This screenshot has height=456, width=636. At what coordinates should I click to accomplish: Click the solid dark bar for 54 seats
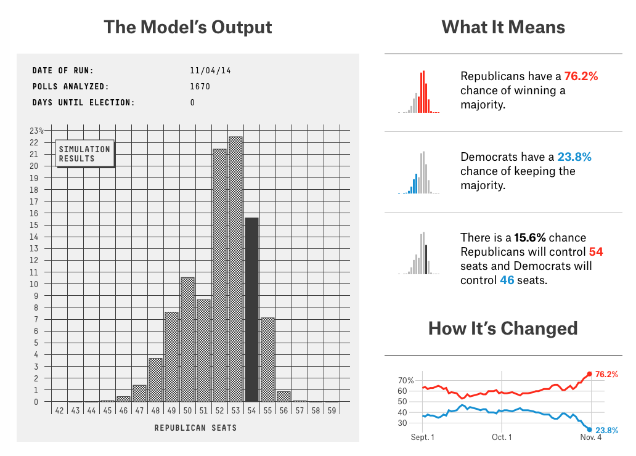click(251, 309)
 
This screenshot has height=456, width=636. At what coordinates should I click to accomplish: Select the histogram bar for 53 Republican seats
click(235, 269)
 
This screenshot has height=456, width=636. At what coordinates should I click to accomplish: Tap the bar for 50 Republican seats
click(187, 340)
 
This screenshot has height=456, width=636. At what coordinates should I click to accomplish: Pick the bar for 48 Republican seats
click(155, 380)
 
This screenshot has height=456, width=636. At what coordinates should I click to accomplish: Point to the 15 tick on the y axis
click(34, 225)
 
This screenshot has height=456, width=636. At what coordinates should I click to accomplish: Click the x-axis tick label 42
click(59, 410)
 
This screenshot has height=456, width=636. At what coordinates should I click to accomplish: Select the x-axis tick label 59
click(332, 410)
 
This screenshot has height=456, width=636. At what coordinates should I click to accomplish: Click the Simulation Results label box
click(85, 154)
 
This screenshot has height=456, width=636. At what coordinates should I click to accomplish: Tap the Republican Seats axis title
click(195, 428)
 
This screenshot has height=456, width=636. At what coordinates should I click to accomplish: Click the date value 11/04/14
click(211, 71)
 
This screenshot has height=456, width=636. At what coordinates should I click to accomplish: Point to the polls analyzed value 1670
click(200, 86)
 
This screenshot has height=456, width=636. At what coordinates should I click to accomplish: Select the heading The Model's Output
click(188, 27)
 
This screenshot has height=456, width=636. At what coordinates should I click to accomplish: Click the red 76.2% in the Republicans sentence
click(581, 76)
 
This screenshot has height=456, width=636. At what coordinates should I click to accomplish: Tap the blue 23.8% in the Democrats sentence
click(574, 157)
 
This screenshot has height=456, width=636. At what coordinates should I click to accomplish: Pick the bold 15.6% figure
click(530, 238)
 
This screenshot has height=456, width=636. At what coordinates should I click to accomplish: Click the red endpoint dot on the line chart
click(589, 374)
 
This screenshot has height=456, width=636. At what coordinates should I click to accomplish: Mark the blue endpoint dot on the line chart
click(589, 430)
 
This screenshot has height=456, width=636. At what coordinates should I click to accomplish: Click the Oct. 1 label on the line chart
click(502, 438)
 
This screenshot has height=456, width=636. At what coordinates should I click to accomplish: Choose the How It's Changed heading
click(503, 328)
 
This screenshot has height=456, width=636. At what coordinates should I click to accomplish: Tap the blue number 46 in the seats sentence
click(507, 280)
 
